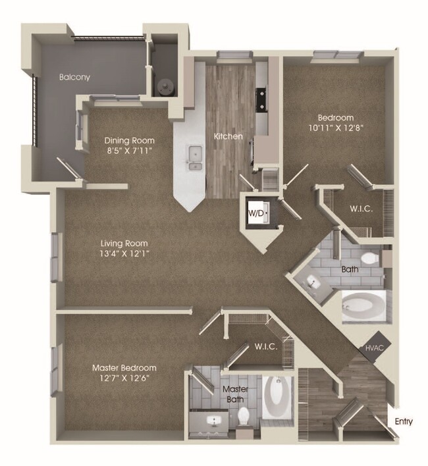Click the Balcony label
pyautogui.click(x=74, y=77)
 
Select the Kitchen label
pyautogui.click(x=228, y=137)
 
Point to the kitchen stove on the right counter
pyautogui.click(x=261, y=98)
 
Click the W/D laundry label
pyautogui.click(x=255, y=213)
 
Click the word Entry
pyautogui.click(x=404, y=421)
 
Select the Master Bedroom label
pyautogui.click(x=124, y=367)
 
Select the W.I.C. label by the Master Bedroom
pyautogui.click(x=265, y=346)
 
